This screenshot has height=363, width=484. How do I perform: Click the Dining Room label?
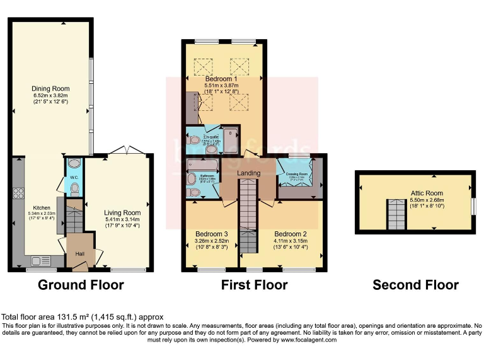[x=50, y=88]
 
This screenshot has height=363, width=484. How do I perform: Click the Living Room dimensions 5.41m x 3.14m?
[x=122, y=221]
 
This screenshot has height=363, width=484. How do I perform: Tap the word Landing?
[x=249, y=173]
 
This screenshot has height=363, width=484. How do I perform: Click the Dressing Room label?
[x=297, y=173]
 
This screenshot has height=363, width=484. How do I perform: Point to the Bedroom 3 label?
[x=210, y=233]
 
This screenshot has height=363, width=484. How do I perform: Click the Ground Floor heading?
[x=81, y=285]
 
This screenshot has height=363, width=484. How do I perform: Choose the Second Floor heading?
[x=415, y=285]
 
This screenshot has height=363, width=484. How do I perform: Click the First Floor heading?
[x=254, y=285]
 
